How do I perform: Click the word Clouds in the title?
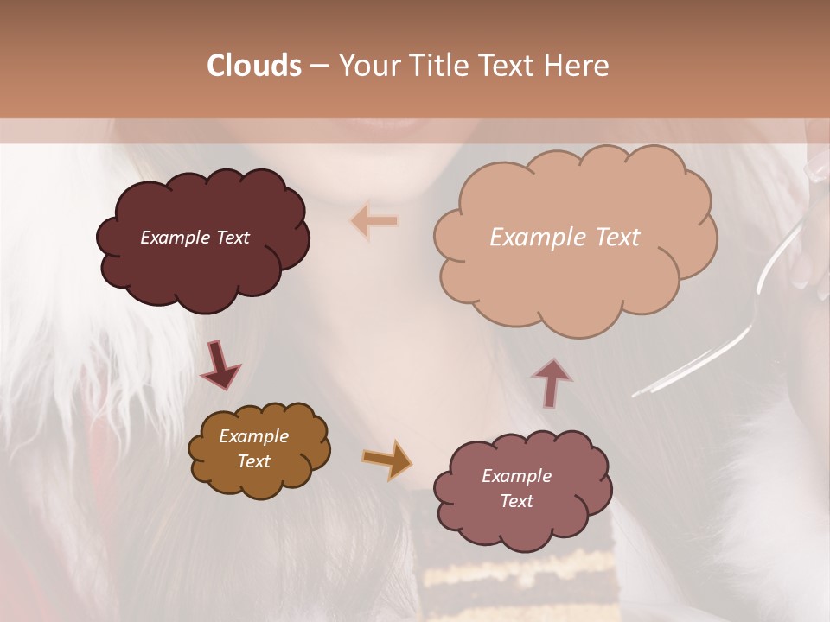[254, 65]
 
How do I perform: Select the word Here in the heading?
[578, 65]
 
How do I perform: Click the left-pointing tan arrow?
[374, 221]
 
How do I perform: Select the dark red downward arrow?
[220, 365]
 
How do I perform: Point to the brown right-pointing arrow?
[387, 460]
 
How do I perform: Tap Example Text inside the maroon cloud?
[195, 238]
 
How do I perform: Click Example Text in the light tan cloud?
[565, 238]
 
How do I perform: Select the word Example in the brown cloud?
[253, 436]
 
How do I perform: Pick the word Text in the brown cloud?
[253, 461]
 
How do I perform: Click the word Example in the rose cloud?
[516, 476]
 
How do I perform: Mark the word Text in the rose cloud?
[516, 501]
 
